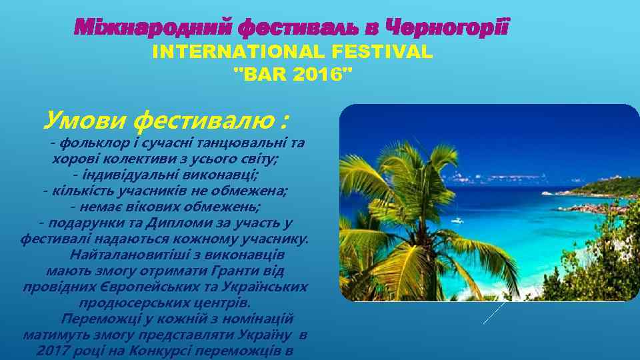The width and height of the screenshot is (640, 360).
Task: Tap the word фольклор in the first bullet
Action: pyautogui.click(x=87, y=142)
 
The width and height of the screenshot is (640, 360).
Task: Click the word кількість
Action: pyautogui.click(x=79, y=191)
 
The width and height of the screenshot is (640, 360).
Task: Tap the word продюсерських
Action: pyautogui.click(x=133, y=303)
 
